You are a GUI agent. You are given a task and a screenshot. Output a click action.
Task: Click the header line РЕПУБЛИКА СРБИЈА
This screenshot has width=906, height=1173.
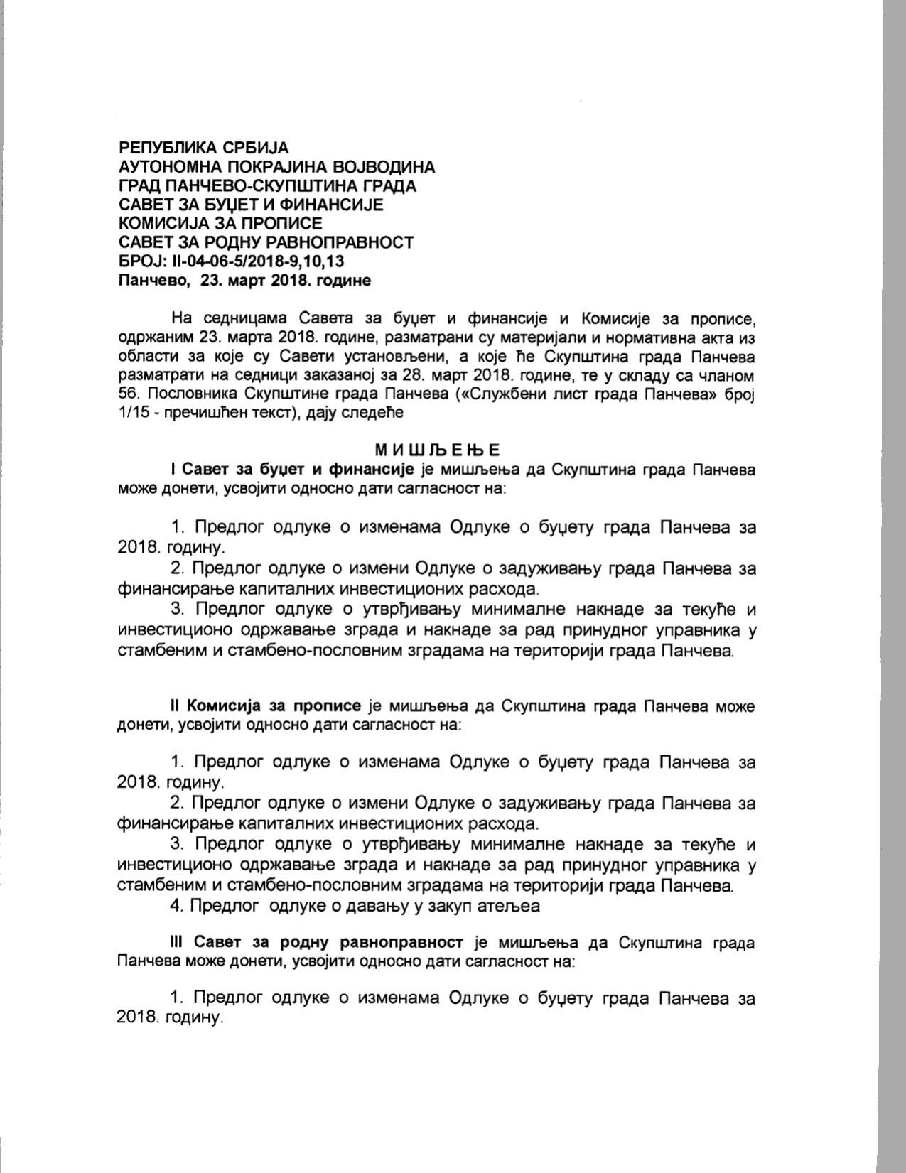coord(203,148)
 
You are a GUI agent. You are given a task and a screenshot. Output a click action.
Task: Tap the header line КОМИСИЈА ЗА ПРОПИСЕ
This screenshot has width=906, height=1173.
coord(220,223)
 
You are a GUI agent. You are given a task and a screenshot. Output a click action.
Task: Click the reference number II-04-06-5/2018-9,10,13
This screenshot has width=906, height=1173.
coord(257,261)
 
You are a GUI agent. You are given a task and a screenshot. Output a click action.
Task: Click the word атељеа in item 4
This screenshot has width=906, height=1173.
coord(509,906)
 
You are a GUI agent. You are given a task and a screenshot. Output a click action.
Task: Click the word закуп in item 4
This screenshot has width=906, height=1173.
coord(451,906)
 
